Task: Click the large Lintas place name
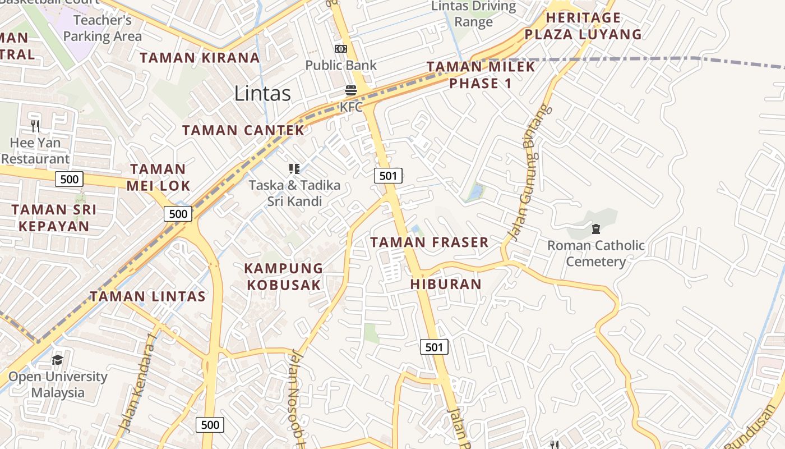coord(262,93)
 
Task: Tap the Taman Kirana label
coord(200,58)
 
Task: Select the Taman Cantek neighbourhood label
coord(243,130)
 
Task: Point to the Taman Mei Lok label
coord(158,177)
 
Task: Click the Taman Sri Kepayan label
coord(54,218)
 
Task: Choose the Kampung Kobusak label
coord(284,276)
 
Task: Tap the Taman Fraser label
coord(430,242)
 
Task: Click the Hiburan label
coord(446,284)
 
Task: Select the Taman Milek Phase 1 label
coord(481,75)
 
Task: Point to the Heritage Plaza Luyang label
coord(583,26)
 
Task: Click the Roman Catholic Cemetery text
coord(595,253)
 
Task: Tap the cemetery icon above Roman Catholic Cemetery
coord(595,229)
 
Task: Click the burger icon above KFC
coord(351,90)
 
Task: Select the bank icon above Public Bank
coord(341,49)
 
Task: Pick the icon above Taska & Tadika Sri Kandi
coord(294,168)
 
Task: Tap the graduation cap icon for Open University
coord(57,360)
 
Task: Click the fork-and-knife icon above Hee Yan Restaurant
coord(35,126)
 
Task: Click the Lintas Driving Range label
coord(474,14)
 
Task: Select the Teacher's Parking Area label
coord(103,28)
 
